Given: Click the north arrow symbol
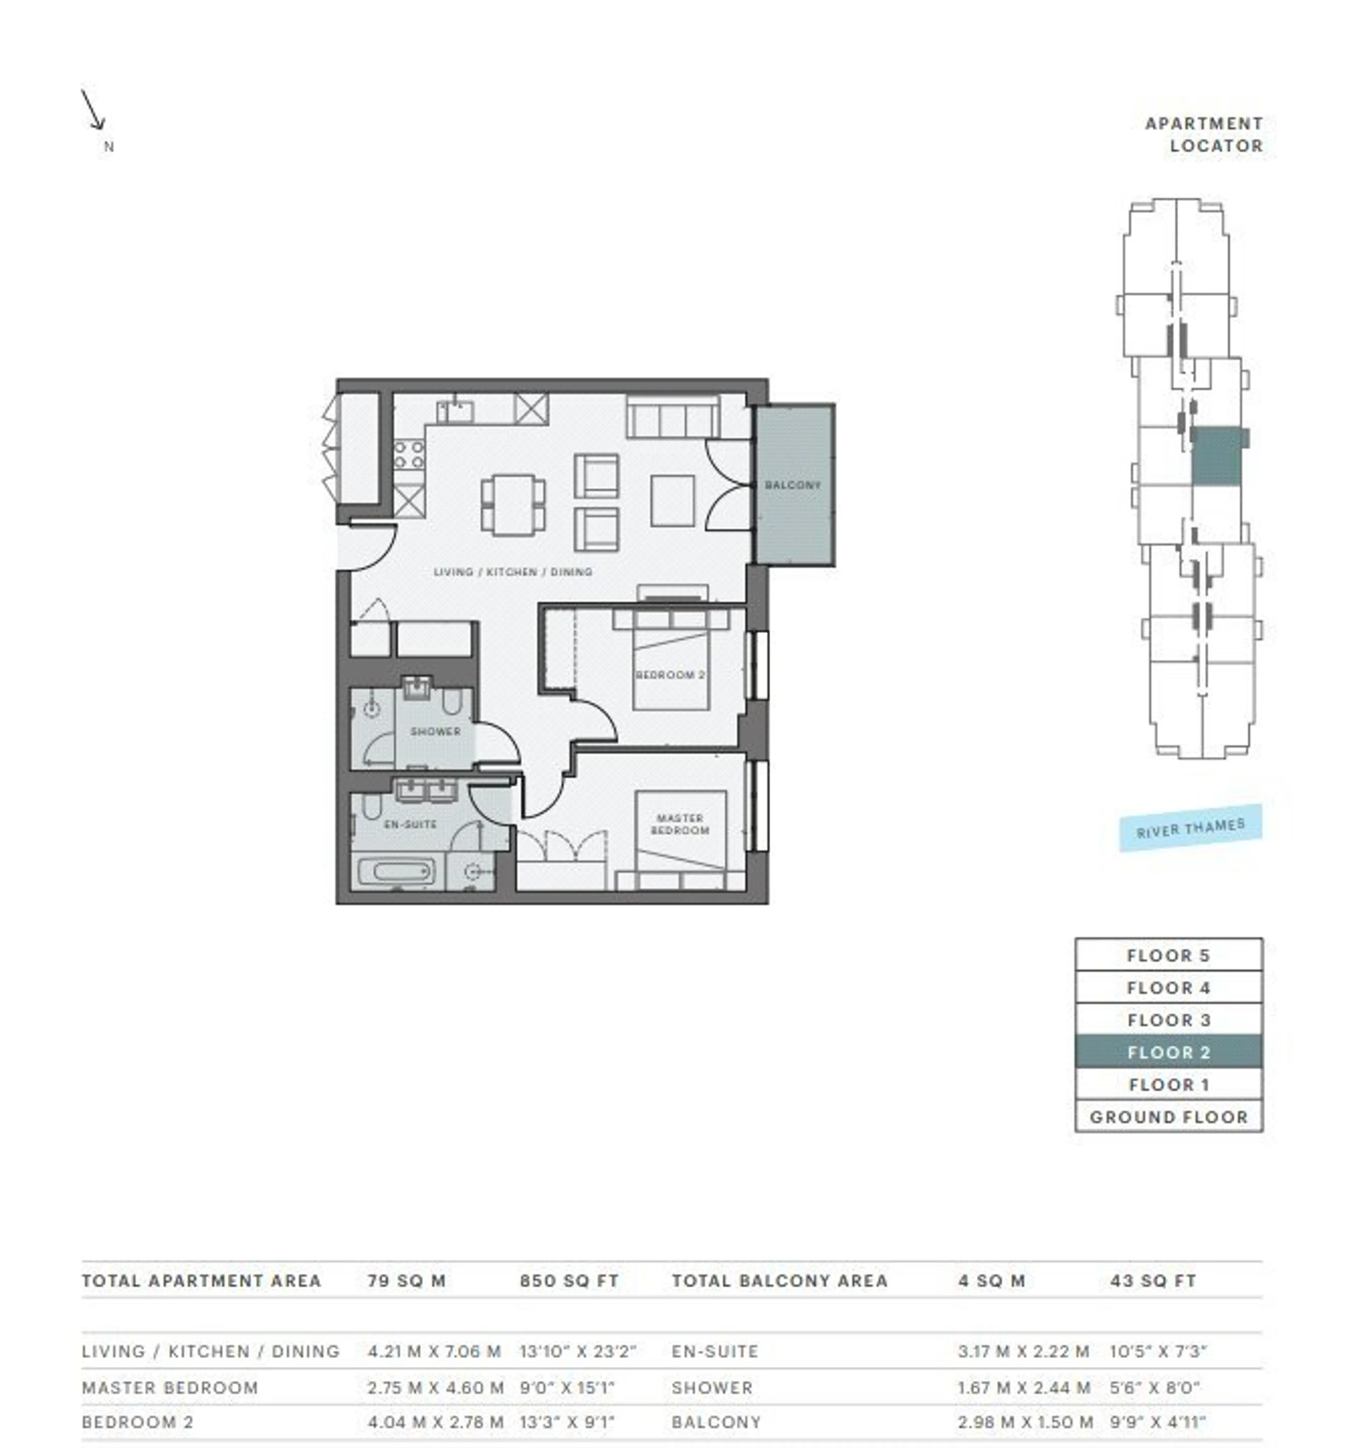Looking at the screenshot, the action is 93,110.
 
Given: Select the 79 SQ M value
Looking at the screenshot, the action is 406,1280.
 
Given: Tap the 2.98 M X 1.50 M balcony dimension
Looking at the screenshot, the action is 1025,1422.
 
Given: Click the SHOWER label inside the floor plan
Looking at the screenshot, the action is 435,731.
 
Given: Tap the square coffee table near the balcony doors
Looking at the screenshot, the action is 672,500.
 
